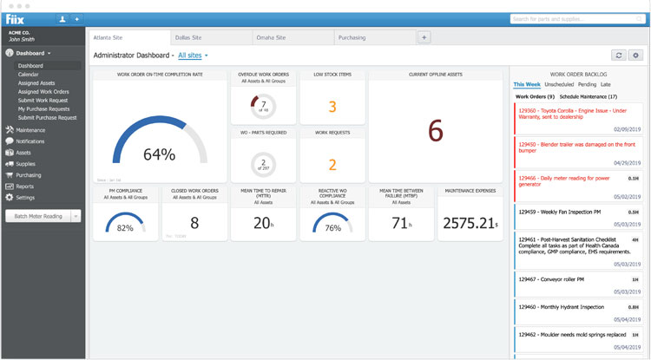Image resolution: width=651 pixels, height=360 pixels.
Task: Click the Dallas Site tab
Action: click(x=187, y=37)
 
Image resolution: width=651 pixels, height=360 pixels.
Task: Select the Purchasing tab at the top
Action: click(x=352, y=37)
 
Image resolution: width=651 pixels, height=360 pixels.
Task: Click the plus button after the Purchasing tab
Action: click(x=424, y=37)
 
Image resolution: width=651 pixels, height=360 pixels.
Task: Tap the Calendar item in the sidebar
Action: click(x=29, y=75)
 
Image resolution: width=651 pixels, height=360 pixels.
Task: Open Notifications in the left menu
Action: click(x=30, y=141)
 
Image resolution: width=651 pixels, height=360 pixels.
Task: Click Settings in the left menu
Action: click(x=27, y=197)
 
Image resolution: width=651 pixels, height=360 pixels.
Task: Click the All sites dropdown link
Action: click(x=192, y=56)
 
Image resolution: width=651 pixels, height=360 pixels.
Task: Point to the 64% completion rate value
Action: click(x=159, y=154)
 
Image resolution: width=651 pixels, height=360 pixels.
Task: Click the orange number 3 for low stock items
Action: click(x=332, y=108)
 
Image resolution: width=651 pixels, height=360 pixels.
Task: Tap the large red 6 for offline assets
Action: click(x=436, y=129)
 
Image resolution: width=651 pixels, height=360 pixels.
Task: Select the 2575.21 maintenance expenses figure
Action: click(x=469, y=223)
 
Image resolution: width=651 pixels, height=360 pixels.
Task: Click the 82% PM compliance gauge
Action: click(x=125, y=226)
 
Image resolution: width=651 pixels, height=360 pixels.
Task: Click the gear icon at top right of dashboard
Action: click(x=636, y=56)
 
